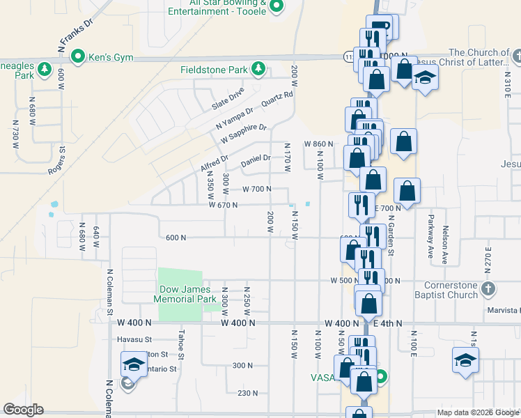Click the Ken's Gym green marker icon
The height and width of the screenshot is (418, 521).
pos(79,56)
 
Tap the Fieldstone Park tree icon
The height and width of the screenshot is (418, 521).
pos(258,68)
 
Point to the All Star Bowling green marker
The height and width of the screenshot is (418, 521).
pos(277,7)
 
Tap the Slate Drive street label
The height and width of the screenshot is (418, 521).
pos(228,100)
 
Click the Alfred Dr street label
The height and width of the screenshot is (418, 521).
pos(214,164)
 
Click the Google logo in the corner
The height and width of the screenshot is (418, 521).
pos(23,409)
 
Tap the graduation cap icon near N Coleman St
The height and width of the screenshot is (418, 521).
pos(133,364)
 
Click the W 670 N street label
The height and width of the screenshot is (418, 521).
pos(224,205)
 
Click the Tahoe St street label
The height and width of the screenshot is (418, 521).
pos(180,344)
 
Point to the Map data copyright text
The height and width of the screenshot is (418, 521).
pos(477,412)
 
